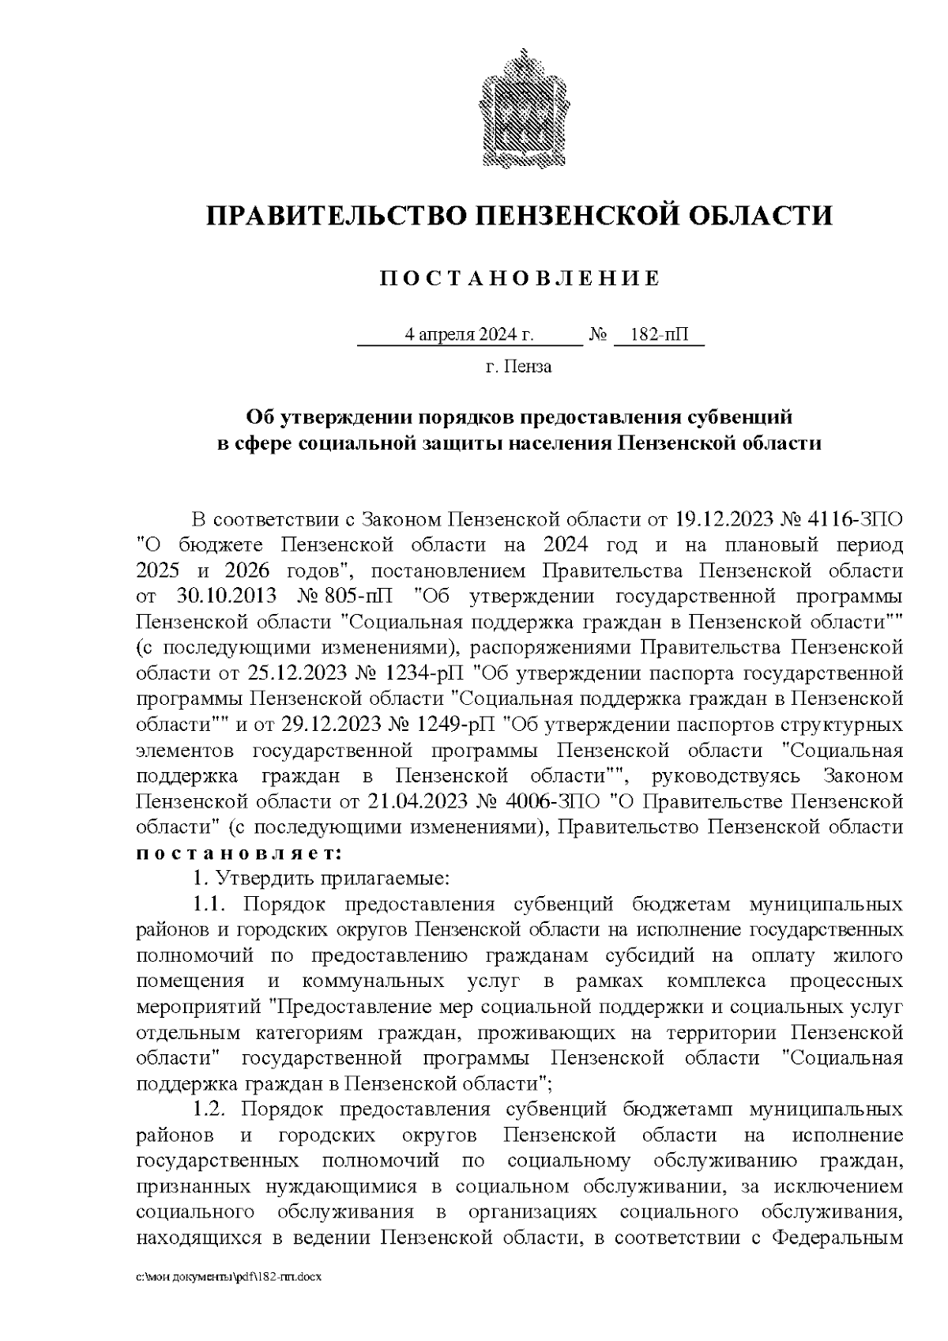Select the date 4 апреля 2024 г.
469,335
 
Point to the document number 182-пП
660,335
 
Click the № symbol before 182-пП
597,335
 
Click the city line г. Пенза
519,367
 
